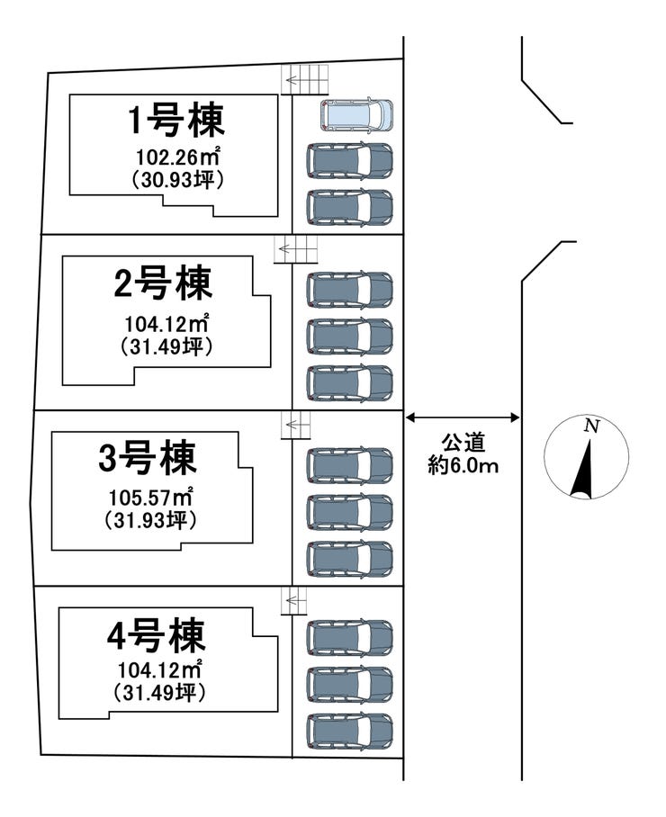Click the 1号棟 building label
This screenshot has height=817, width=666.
[x=175, y=119]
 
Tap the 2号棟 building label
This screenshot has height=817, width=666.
[x=164, y=284]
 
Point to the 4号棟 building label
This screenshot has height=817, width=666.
[x=156, y=635]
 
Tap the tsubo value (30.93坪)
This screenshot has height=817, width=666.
[x=176, y=179]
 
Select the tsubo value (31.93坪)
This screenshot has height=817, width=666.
[x=150, y=519]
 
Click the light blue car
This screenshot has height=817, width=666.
[x=357, y=114]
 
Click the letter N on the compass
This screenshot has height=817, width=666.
[x=590, y=426]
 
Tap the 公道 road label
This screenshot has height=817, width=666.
[x=463, y=444]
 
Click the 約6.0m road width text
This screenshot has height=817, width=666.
[x=463, y=465]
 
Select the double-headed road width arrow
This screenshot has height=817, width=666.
[x=463, y=417]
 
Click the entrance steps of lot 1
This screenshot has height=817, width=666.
[x=305, y=81]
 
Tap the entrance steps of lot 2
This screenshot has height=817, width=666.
[x=296, y=249]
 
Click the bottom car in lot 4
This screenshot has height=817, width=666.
[x=349, y=732]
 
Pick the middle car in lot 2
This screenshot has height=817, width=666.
[x=349, y=337]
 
